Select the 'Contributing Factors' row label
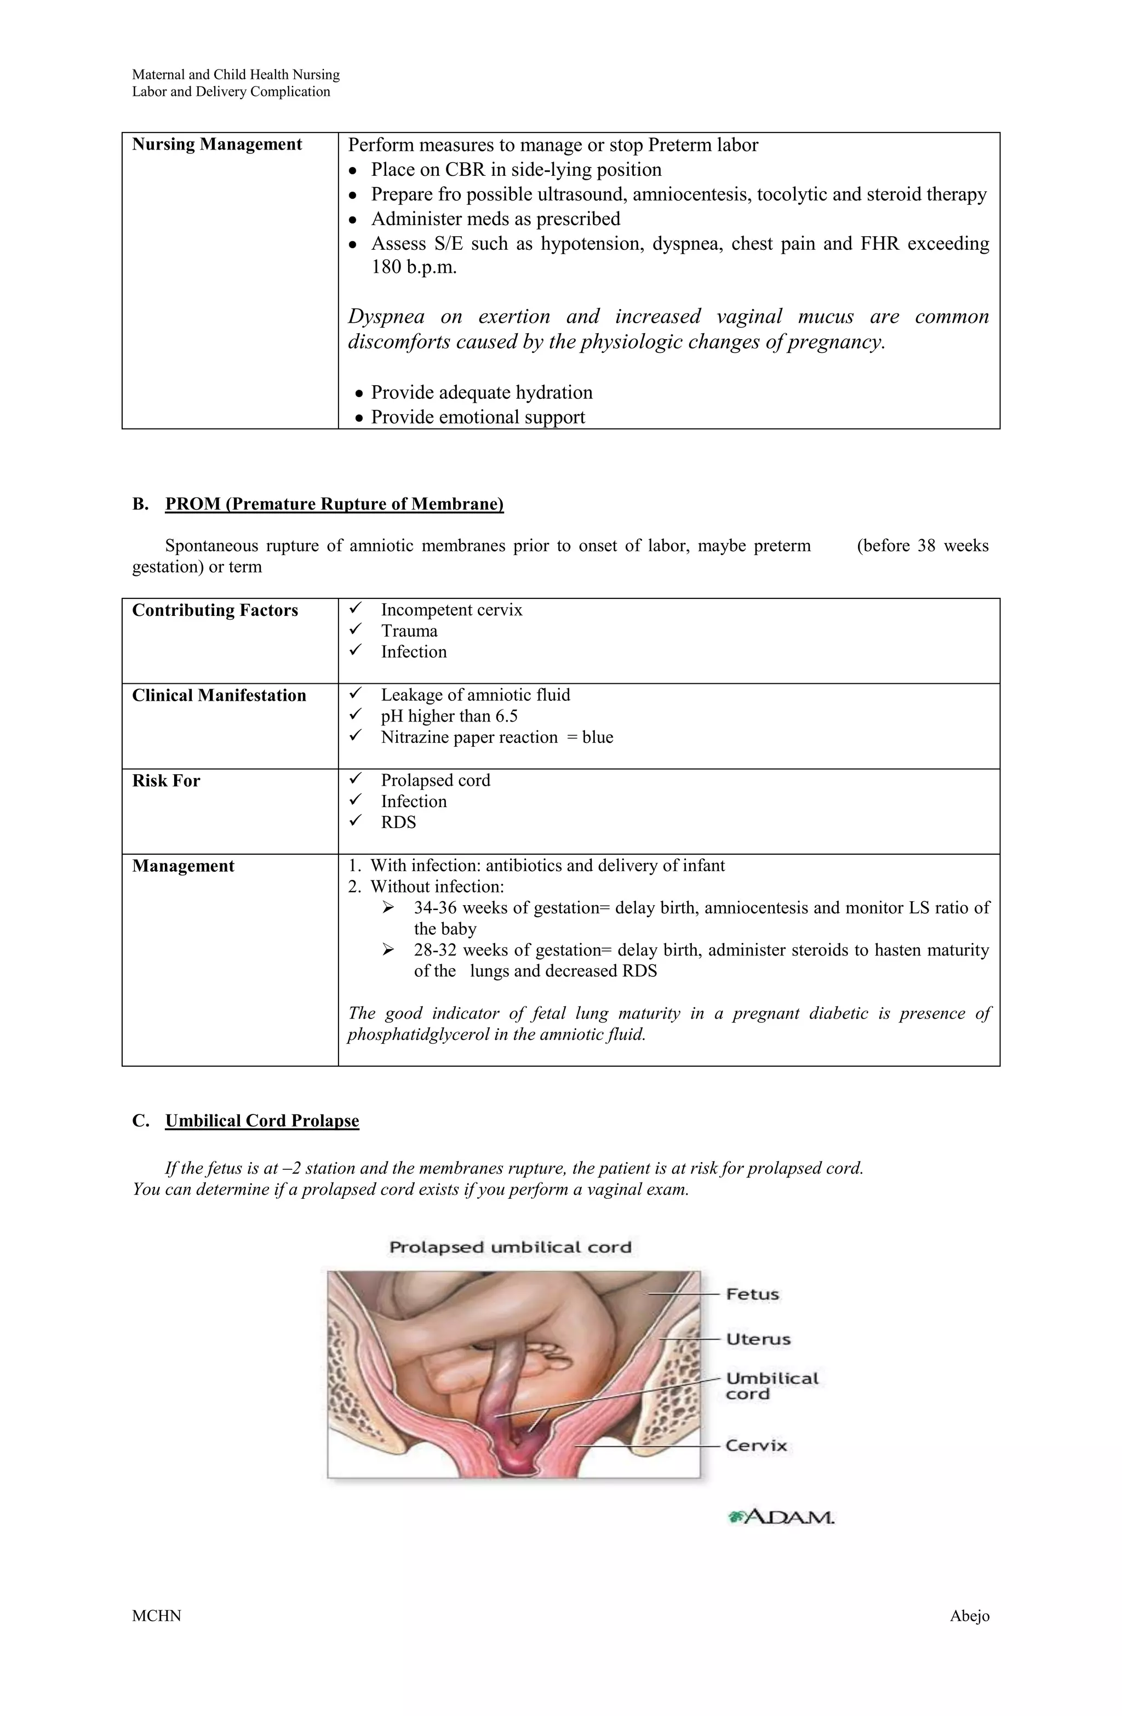coord(215,611)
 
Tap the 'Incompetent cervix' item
coord(451,610)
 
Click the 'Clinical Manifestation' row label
coord(219,696)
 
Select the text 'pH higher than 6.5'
coord(449,716)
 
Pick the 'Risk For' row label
coord(166,781)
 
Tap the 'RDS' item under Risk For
coord(398,823)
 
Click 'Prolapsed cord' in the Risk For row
coord(436,781)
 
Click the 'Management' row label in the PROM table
coord(182,866)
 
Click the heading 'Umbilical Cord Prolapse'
coord(262,1121)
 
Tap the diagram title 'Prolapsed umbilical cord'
coord(510,1248)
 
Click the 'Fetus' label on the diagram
coord(752,1294)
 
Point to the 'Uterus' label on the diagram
coord(758,1340)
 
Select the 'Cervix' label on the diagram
coord(755,1446)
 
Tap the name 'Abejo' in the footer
coord(969,1637)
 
